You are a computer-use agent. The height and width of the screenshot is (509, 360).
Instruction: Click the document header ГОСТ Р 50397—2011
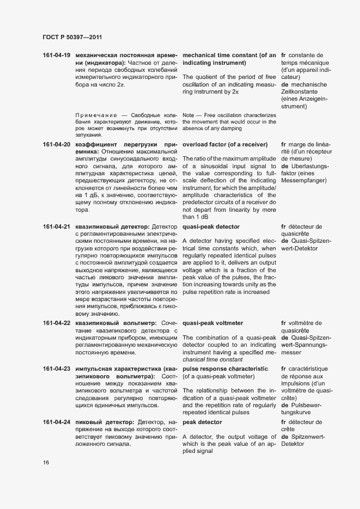72,37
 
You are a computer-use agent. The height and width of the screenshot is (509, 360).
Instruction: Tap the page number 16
46,463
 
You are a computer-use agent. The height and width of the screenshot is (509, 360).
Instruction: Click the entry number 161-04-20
57,144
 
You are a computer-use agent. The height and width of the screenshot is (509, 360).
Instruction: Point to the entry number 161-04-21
57,226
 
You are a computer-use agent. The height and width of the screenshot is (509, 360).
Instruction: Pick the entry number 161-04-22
57,323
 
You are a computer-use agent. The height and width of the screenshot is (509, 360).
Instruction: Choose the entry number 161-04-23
57,369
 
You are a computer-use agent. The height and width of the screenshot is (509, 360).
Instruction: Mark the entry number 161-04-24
57,422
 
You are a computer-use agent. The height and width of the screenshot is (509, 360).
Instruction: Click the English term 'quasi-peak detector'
211,226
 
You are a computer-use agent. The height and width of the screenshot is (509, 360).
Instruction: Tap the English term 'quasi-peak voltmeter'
212,323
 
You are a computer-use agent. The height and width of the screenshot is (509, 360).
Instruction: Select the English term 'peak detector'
202,422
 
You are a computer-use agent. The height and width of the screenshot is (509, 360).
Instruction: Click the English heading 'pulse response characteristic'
229,369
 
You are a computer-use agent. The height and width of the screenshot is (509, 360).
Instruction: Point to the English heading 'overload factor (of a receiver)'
225,144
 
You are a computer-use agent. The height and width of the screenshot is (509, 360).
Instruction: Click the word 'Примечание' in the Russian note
94,115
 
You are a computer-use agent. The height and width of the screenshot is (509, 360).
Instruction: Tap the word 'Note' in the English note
188,115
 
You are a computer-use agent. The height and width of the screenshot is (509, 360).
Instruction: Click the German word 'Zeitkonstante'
300,92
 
